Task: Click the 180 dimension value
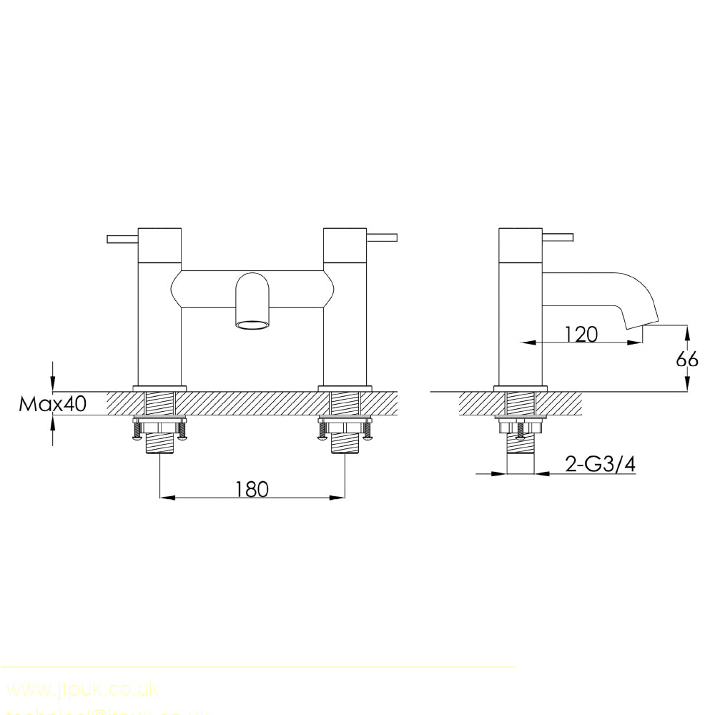tap(252, 489)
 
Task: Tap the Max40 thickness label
tap(52, 404)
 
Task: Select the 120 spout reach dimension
tap(581, 334)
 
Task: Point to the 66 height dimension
tap(687, 359)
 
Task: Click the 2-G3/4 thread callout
tap(600, 465)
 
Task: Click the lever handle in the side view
tap(558, 237)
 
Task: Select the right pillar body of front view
tap(345, 322)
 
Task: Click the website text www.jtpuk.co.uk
tap(82, 689)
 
